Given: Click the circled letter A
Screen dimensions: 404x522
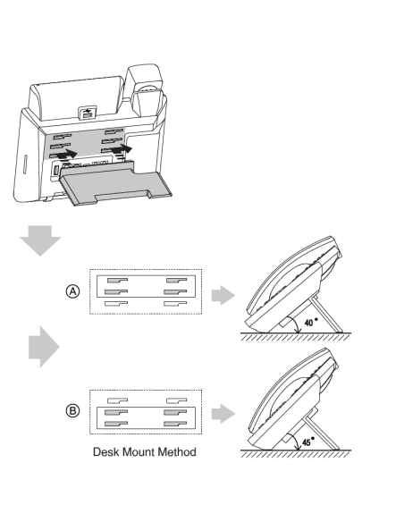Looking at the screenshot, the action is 72,291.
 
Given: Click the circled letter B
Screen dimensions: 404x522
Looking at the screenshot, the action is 72,410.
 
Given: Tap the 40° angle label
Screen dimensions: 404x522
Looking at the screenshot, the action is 311,322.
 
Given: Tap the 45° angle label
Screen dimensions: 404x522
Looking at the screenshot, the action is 308,442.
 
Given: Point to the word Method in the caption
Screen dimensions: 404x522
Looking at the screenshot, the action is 177,451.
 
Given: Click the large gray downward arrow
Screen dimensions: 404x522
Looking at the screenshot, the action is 40,240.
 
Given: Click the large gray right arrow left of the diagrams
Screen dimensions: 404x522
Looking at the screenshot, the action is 44,347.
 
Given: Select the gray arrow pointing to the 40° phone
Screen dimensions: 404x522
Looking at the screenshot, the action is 223,295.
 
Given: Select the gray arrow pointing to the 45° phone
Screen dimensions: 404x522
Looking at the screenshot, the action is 223,414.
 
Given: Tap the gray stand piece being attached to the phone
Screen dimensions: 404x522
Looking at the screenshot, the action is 115,184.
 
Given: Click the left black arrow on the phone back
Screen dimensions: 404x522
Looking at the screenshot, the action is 66,154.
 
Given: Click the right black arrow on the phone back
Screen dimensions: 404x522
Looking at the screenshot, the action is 122,148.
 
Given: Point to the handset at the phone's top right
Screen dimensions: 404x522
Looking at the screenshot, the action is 147,90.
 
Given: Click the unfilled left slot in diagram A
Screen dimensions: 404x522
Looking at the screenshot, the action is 116,304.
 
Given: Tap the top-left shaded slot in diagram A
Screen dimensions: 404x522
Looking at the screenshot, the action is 117,281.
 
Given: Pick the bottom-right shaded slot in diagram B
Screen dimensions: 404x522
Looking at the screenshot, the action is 175,424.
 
